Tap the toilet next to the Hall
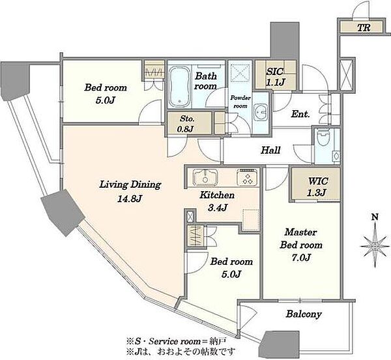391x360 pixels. pyautogui.click(x=323, y=138)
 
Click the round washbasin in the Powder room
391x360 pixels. pyautogui.click(x=261, y=112)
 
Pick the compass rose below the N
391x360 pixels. pyautogui.click(x=375, y=246)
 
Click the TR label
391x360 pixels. pyautogui.click(x=364, y=27)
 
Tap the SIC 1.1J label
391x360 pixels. pyautogui.click(x=275, y=76)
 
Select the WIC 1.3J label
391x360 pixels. pyautogui.click(x=318, y=187)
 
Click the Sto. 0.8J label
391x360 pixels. pyautogui.click(x=187, y=123)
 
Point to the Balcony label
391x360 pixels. pyautogui.click(x=304, y=314)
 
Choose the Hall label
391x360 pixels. pyautogui.click(x=270, y=150)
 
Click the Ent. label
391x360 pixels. pyautogui.click(x=300, y=114)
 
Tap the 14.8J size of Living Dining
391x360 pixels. pyautogui.click(x=130, y=198)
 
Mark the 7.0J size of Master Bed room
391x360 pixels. pyautogui.click(x=300, y=257)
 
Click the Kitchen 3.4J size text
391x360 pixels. pyautogui.click(x=217, y=207)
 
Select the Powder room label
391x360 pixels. pyautogui.click(x=240, y=102)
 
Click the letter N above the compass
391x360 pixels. pyautogui.click(x=375, y=217)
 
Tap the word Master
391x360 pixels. pyautogui.click(x=300, y=232)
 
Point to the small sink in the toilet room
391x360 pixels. pyautogui.click(x=336, y=157)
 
